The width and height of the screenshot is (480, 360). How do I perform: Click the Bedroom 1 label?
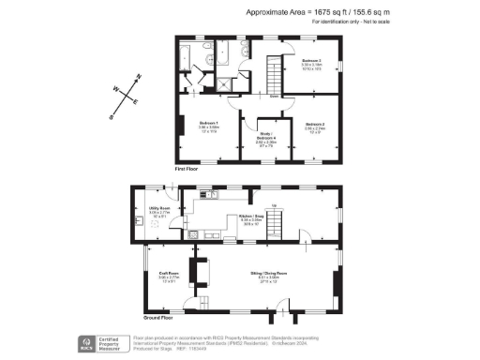click(x=208, y=124)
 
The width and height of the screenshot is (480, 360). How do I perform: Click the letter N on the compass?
click(x=139, y=77)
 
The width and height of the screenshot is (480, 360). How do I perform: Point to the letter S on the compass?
click(x=111, y=117)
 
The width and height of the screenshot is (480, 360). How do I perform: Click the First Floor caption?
click(x=187, y=169)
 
